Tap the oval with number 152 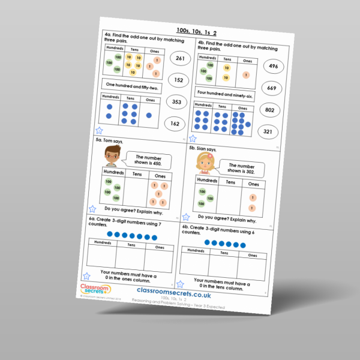point(178,80)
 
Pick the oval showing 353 point(177,102)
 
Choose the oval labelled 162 point(176,124)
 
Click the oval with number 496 point(274,66)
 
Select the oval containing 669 point(272,88)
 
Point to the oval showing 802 point(270,110)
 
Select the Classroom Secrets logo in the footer point(94,290)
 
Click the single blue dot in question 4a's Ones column point(148,115)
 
